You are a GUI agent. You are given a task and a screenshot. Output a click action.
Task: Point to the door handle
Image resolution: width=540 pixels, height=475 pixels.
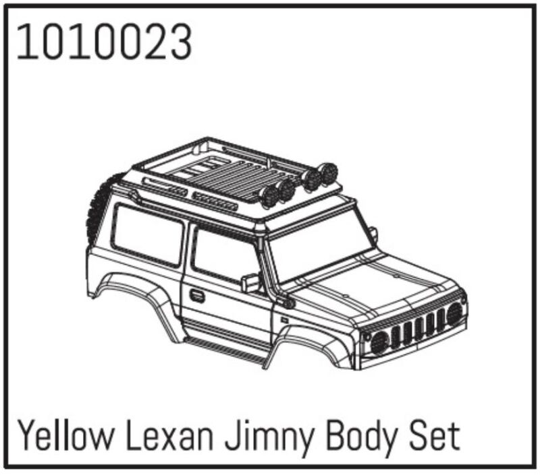pyautogui.click(x=197, y=295)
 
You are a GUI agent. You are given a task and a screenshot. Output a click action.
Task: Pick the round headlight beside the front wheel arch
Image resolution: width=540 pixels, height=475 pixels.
pyautogui.click(x=379, y=342)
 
